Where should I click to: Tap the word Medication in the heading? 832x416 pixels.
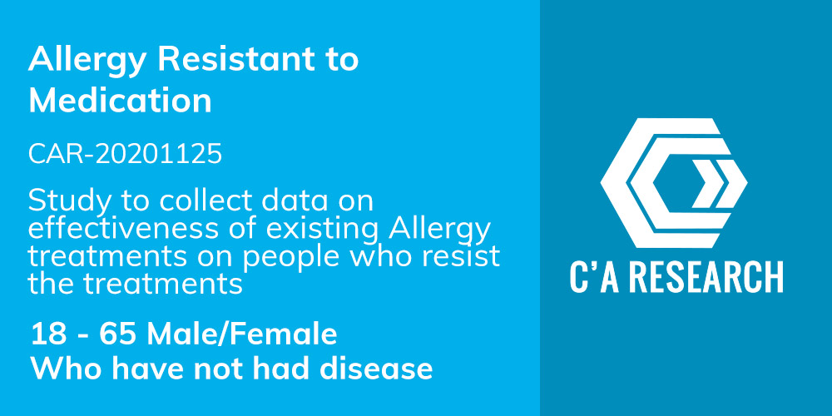120,101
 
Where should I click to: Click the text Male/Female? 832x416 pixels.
242,334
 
